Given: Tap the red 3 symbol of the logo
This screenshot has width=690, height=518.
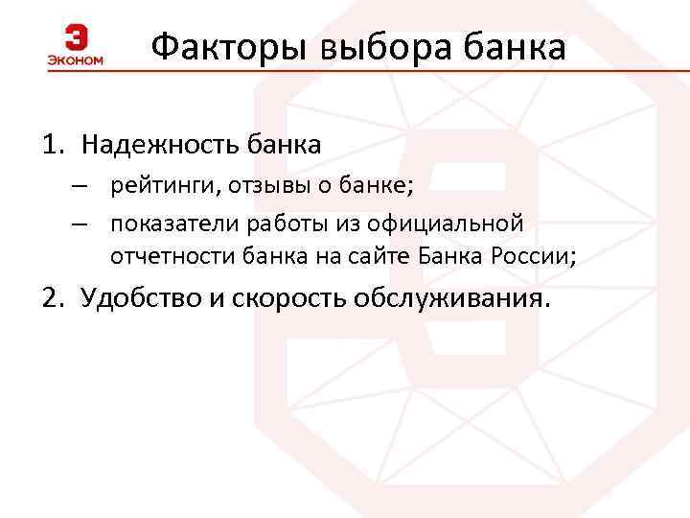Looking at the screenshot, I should tap(76, 38).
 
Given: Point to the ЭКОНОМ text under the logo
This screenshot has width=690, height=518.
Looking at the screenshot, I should tap(75, 60).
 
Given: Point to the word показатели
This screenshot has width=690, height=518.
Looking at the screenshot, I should tap(168, 224).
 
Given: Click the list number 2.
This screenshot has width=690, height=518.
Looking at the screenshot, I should tap(51, 298).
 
